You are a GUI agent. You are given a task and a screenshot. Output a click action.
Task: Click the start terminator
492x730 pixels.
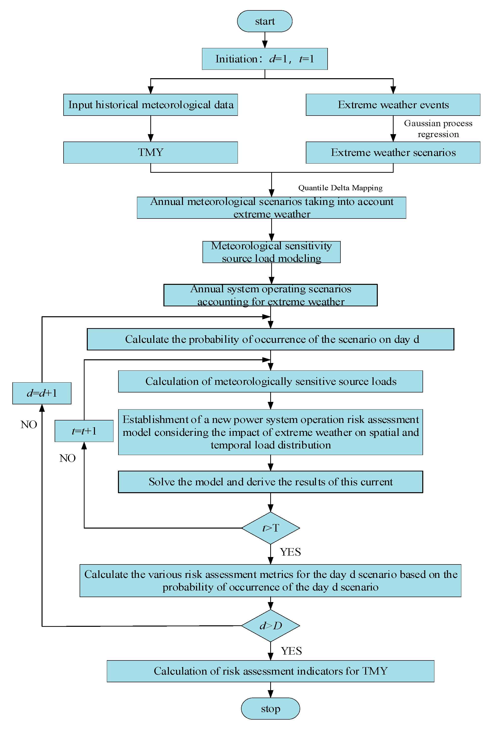point(265,21)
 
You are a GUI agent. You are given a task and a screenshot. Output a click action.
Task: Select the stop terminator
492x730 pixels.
point(270,709)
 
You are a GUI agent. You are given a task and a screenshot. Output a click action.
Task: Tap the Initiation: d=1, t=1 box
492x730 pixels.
point(265,59)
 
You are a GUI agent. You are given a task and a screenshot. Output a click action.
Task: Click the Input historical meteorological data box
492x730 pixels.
point(151,105)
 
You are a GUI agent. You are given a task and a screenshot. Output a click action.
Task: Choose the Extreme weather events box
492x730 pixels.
point(393,105)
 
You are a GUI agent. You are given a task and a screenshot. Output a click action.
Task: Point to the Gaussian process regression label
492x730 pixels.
point(438,129)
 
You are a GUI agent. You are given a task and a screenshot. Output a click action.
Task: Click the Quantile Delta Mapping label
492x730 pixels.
point(340,188)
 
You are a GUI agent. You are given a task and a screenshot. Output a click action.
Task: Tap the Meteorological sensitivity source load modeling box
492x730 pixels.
point(271,252)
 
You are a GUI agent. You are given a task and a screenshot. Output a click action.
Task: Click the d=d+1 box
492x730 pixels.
point(42,393)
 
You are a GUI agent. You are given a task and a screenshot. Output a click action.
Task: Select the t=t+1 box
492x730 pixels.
point(84,431)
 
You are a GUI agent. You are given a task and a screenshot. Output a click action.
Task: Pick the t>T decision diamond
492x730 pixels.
point(270,528)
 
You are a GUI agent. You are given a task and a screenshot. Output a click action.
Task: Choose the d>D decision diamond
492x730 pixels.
point(270,625)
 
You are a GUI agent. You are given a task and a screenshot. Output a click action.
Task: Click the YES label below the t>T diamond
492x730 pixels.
point(291,552)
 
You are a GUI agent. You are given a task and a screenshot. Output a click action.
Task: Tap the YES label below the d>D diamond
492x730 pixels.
point(291,651)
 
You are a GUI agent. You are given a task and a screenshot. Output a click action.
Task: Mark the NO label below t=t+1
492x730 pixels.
point(67,458)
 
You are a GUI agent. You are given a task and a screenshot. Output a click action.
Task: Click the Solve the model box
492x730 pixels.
point(270,482)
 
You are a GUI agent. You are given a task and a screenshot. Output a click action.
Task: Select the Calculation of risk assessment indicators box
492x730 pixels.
point(270,671)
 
